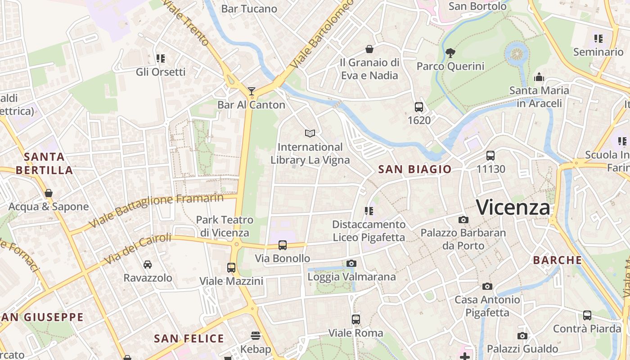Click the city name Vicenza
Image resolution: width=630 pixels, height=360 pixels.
tap(513, 207)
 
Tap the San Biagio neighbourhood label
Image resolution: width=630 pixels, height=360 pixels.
tap(414, 169)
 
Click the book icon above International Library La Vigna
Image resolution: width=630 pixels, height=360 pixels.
tap(310, 133)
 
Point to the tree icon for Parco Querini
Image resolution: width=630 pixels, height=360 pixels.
tap(450, 53)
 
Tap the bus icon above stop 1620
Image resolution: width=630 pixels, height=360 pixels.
tap(419, 107)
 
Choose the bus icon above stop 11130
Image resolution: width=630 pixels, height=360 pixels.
tap(490, 156)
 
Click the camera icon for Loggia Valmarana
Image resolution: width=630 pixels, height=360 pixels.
tap(351, 263)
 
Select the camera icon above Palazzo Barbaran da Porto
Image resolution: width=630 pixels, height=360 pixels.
tap(463, 220)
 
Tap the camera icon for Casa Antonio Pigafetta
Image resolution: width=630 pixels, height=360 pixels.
tap(487, 286)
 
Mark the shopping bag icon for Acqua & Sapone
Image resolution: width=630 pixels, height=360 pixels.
tap(49, 193)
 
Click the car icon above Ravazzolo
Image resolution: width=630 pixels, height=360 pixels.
tap(148, 265)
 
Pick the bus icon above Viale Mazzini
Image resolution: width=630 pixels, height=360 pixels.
tap(231, 268)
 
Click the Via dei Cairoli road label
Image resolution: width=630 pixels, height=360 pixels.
tap(138, 249)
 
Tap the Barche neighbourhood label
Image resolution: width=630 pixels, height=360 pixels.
tap(558, 260)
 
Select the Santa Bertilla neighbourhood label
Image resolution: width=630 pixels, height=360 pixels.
tap(44, 163)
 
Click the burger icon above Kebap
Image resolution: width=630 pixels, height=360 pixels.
tap(256, 335)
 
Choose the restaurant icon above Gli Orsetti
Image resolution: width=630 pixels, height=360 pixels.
tap(161, 58)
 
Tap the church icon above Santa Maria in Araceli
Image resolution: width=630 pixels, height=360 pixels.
tap(539, 77)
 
